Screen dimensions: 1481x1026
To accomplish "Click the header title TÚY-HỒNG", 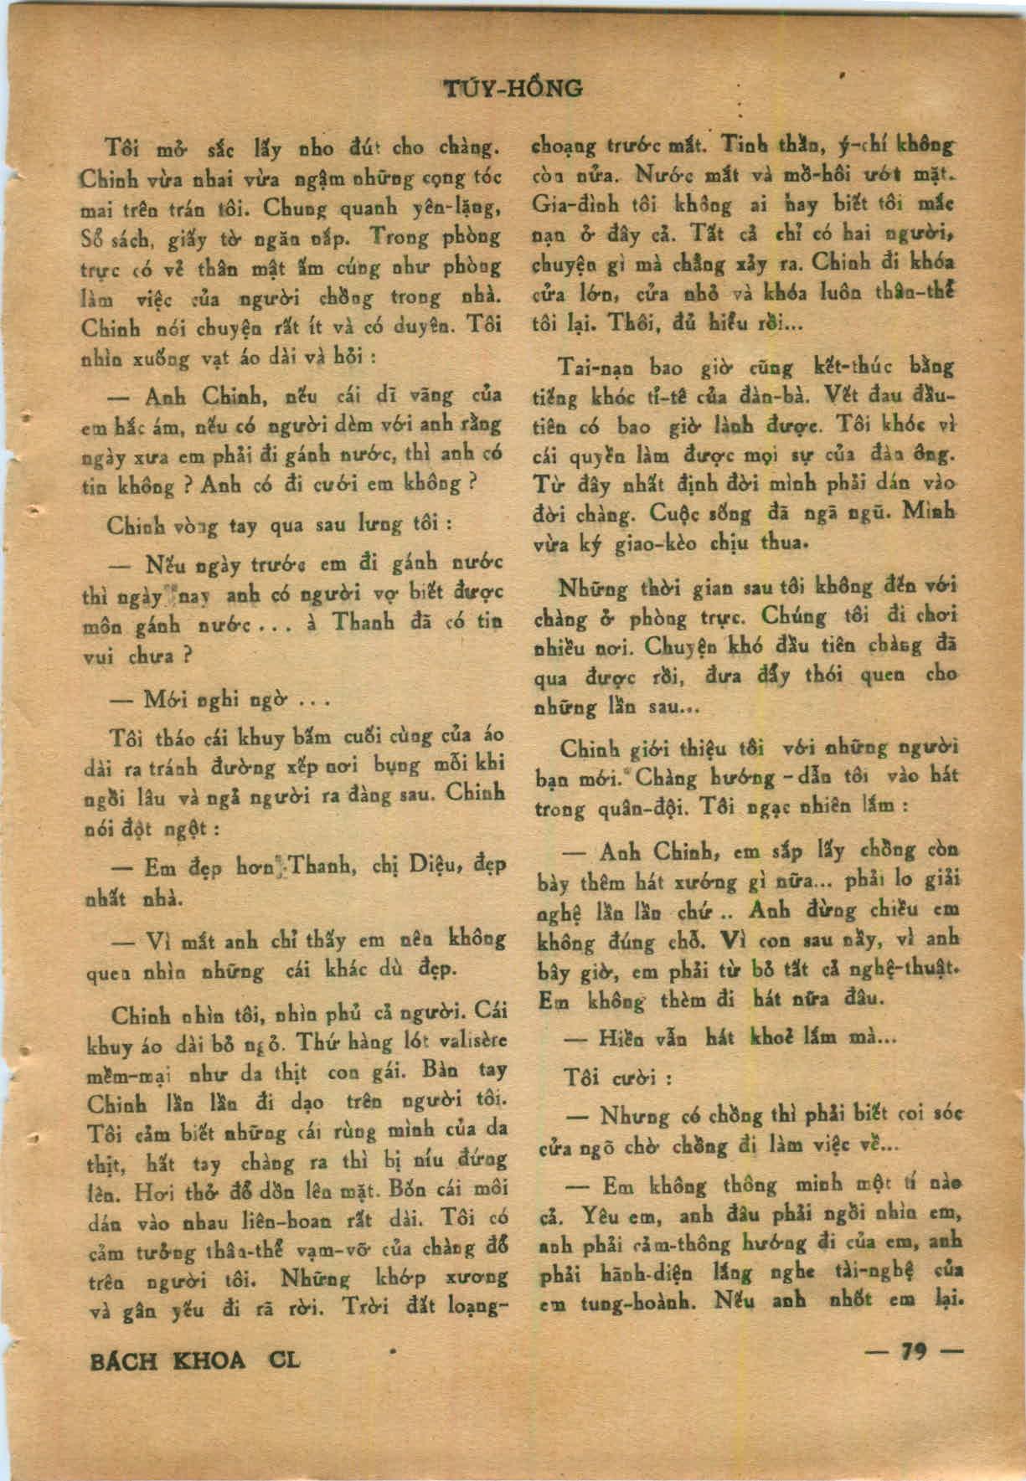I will pyautogui.click(x=512, y=88).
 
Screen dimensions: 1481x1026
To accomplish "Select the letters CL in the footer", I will pyautogui.click(x=285, y=1360).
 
